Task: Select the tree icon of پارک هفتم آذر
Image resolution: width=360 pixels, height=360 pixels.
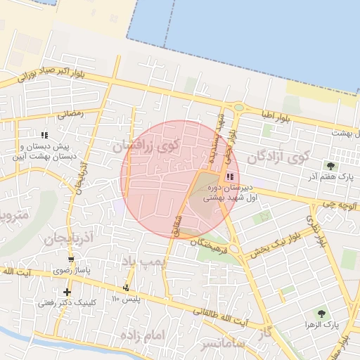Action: click(x=330, y=166)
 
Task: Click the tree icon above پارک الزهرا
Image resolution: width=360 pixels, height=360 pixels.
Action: click(x=321, y=314)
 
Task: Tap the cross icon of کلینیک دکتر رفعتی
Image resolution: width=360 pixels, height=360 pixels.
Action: click(x=67, y=292)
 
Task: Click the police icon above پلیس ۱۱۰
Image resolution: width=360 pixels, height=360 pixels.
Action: click(x=127, y=288)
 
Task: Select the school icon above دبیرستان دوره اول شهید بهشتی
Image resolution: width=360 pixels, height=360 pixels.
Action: click(x=230, y=176)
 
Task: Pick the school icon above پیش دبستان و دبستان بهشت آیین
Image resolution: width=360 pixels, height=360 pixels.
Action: click(x=44, y=134)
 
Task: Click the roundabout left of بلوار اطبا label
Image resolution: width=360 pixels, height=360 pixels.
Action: click(x=238, y=108)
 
